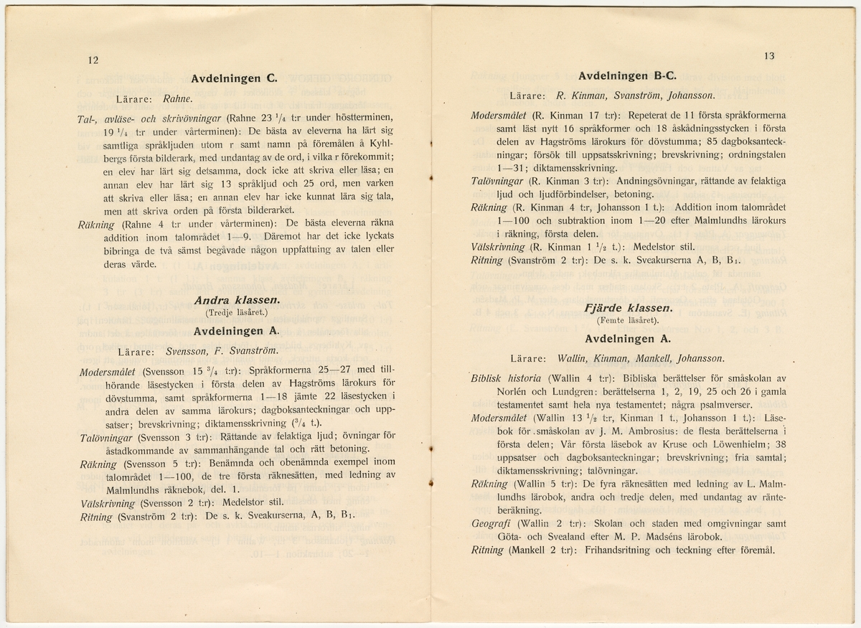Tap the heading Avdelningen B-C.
point(627,74)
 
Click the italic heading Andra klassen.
point(234,301)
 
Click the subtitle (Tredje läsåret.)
point(234,313)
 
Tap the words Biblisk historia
point(506,378)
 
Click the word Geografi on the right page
point(490,524)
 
